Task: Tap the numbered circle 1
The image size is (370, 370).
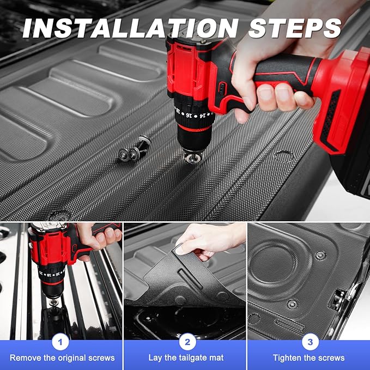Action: [61, 342]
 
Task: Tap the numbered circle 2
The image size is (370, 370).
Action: [186, 342]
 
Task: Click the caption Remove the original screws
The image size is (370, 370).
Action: [62, 358]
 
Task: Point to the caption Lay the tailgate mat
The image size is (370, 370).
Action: [186, 358]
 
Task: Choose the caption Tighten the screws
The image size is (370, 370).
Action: [308, 358]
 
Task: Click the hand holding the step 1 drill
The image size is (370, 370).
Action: [98, 235]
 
